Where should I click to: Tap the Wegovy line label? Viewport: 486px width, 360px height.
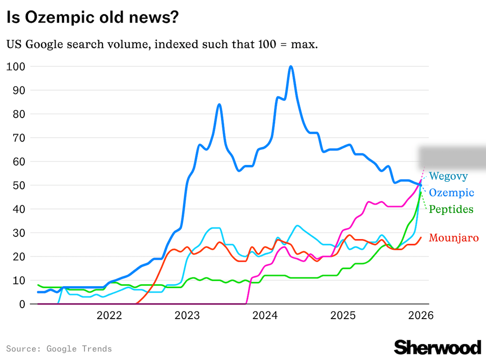pyautogui.click(x=448, y=176)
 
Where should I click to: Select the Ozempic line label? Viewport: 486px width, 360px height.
pyautogui.click(x=451, y=193)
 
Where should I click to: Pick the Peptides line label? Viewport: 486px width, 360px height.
pyautogui.click(x=451, y=209)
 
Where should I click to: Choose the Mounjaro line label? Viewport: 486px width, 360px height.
pyautogui.click(x=454, y=238)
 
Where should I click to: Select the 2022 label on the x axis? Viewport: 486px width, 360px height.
pyautogui.click(x=109, y=315)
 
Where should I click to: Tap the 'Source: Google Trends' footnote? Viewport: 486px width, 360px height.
pyautogui.click(x=59, y=349)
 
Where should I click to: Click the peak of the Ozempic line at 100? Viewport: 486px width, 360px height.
pyautogui.click(x=291, y=66)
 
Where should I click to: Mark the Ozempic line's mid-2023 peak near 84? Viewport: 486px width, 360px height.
pyautogui.click(x=219, y=104)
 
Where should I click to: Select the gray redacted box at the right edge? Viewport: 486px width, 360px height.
pyautogui.click(x=452, y=156)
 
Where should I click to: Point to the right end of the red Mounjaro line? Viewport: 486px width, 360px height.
pyautogui.click(x=421, y=238)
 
